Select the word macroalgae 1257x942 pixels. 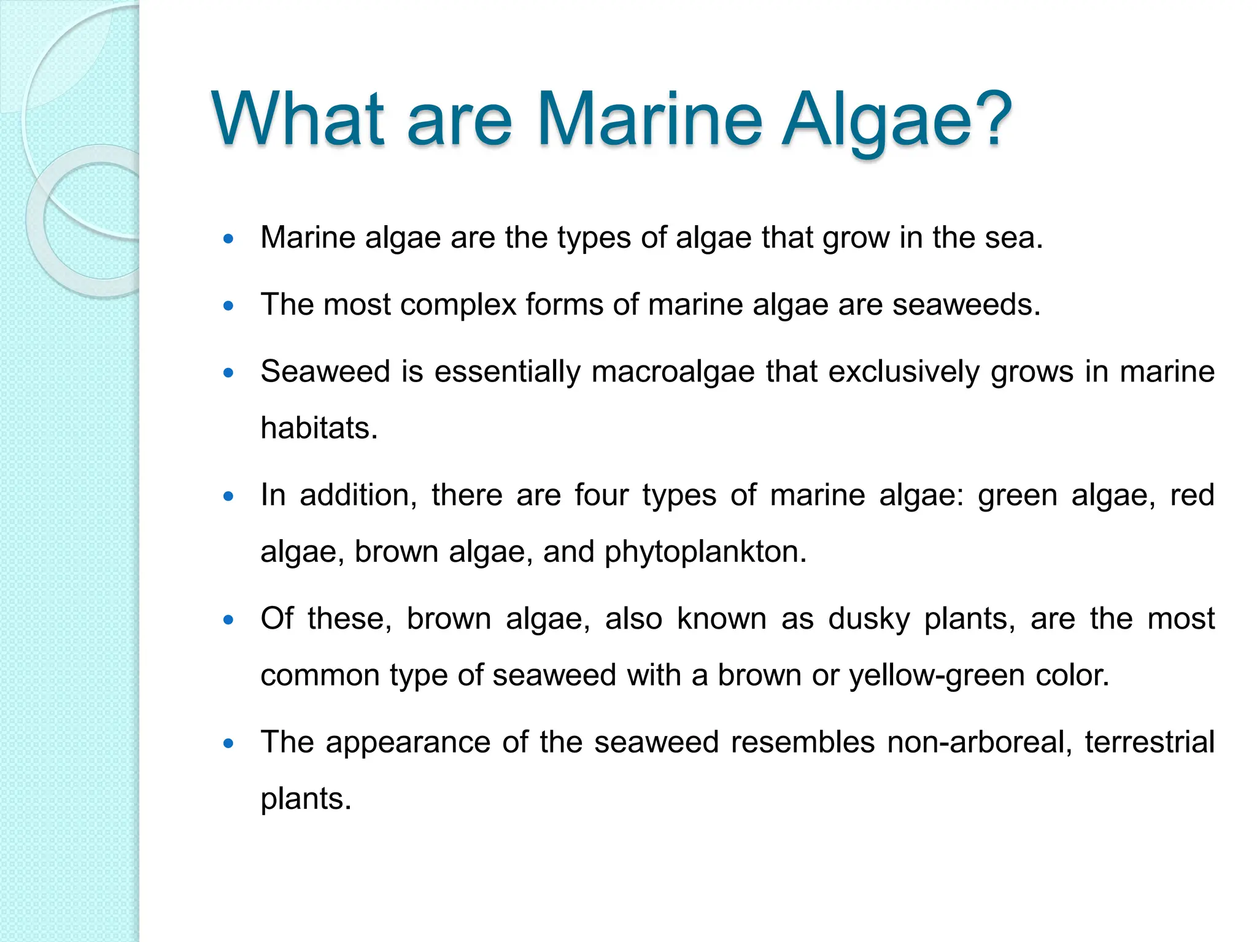[673, 372]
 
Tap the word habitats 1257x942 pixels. [319, 428]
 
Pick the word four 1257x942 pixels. [601, 495]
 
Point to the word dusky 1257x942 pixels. [869, 618]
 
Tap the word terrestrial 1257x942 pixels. [1150, 742]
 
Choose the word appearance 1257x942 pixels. [408, 742]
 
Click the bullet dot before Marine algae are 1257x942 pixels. [229, 239]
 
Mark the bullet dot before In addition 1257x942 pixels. [229, 496]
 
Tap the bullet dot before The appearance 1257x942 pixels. [229, 743]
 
